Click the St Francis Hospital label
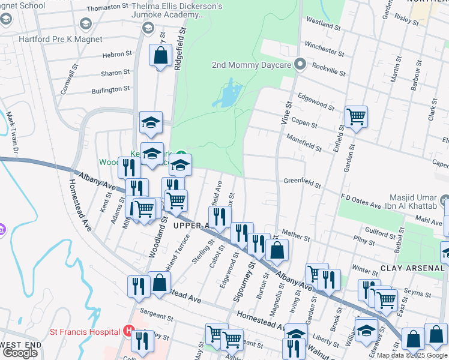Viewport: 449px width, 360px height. point(83,331)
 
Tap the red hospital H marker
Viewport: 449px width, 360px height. point(127,331)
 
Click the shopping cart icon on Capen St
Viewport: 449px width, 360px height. point(356,116)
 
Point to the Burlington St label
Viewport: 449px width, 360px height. point(110,89)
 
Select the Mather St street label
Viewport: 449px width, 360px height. point(295,233)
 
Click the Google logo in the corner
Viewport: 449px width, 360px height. point(20,353)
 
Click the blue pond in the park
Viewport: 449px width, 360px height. point(228,96)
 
